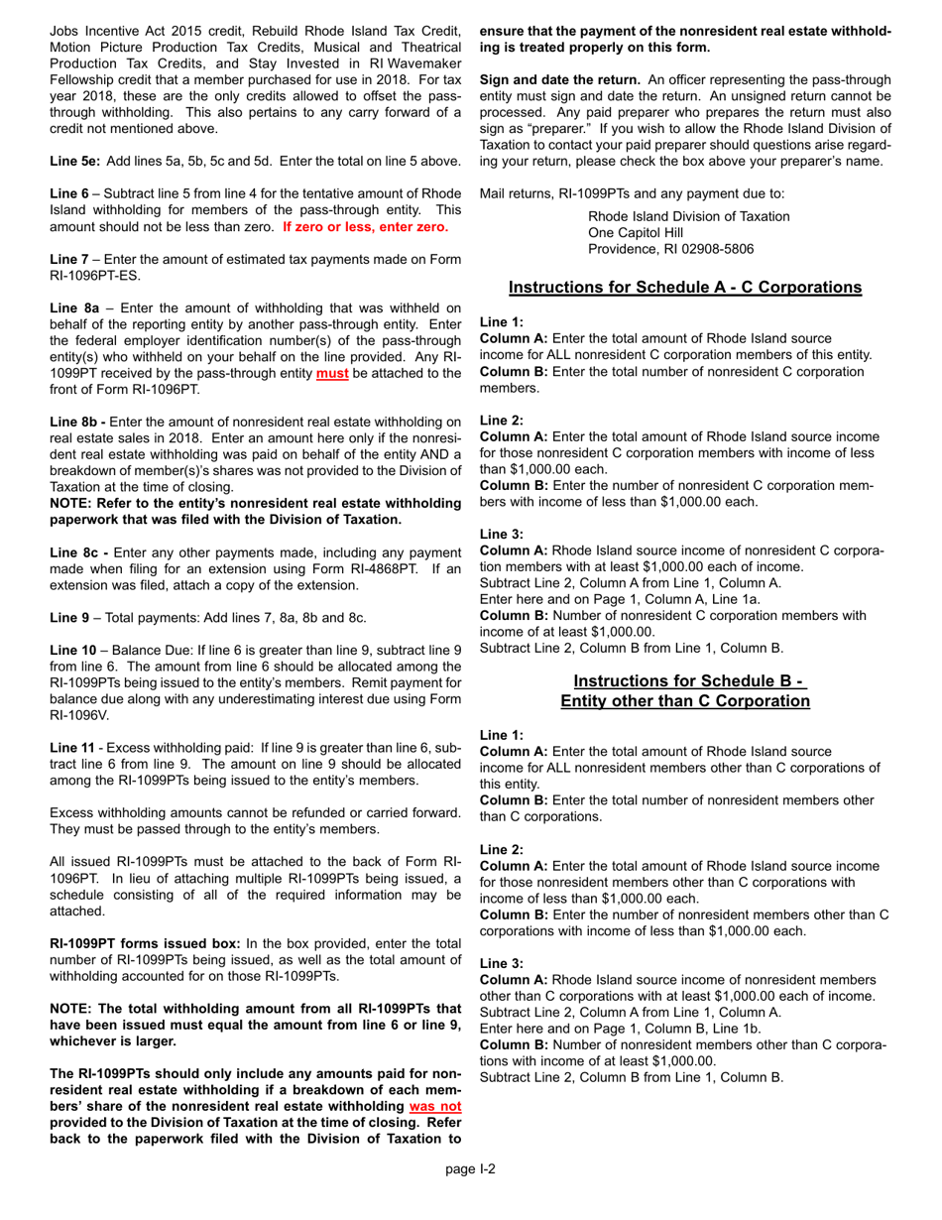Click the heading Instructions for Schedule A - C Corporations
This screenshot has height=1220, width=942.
tap(683, 288)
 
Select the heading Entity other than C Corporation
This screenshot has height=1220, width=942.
tap(684, 700)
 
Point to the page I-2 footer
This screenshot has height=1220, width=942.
tap(470, 1167)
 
